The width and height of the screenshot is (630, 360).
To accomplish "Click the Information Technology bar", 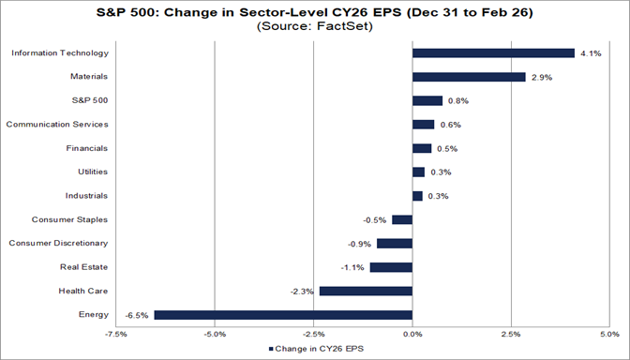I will (x=493, y=52).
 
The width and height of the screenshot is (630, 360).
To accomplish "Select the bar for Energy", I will (x=283, y=315).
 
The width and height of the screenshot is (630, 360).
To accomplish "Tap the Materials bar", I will (x=469, y=77).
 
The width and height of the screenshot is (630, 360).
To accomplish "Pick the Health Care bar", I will (x=366, y=291).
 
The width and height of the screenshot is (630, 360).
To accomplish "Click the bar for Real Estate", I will (x=391, y=267).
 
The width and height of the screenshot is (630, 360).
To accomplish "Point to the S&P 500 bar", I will (x=427, y=100).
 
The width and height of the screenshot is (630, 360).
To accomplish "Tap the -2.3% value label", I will (x=302, y=291).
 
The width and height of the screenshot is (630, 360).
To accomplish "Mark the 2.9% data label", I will (x=540, y=77).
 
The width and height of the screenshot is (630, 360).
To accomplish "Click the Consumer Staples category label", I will (x=71, y=219).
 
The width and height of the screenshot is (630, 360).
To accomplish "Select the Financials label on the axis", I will (x=86, y=148).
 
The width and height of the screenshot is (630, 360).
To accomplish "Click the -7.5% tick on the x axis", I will (x=116, y=333).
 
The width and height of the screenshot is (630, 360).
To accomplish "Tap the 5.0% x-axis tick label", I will (x=608, y=333).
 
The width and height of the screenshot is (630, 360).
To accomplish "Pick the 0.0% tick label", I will (x=412, y=333).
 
